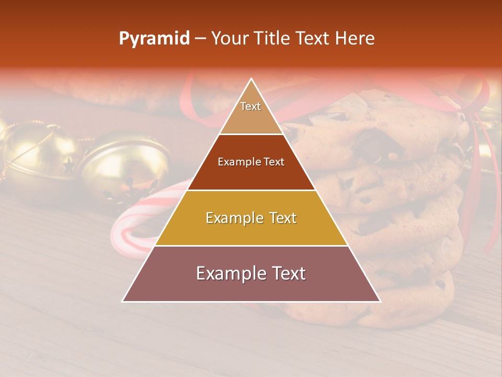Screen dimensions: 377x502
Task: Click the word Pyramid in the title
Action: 154,39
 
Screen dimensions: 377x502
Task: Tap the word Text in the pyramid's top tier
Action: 250,106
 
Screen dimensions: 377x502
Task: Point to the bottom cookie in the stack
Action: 413,304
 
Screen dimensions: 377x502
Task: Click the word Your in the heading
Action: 230,38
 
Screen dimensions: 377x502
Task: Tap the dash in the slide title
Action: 200,39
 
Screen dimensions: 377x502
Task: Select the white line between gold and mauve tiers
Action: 251,246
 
